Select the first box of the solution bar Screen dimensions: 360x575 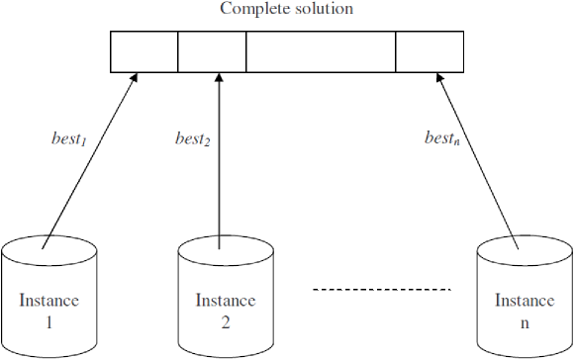click(144, 52)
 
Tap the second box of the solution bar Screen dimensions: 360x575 click(212, 52)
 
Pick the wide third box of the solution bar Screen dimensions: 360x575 click(321, 52)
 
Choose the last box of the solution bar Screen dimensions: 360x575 click(430, 52)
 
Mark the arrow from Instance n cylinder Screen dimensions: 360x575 click(476, 158)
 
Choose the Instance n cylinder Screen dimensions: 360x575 click(524, 297)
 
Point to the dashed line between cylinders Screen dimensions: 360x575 click(382, 289)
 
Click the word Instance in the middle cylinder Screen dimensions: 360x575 click(225, 301)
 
